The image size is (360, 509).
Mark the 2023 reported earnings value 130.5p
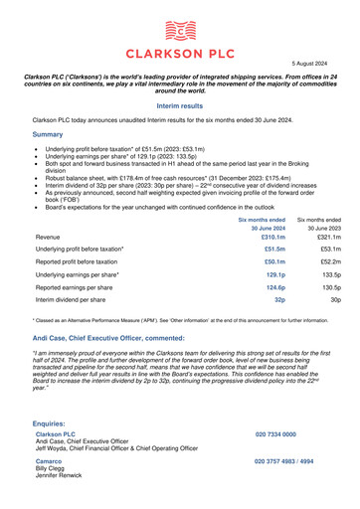(x=325, y=287)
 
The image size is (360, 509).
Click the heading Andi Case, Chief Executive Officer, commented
(x=117, y=339)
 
